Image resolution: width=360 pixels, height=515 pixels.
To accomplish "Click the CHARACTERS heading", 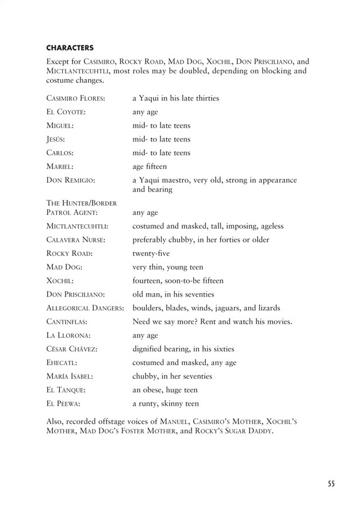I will coord(69,47).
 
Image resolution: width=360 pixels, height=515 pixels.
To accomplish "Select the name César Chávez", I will coord(70,349).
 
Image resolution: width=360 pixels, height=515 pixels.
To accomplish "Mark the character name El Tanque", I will coord(64,390).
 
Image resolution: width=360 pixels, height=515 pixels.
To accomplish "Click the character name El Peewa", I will coord(62,404).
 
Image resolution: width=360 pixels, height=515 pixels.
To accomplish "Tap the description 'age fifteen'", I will coord(150,167).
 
